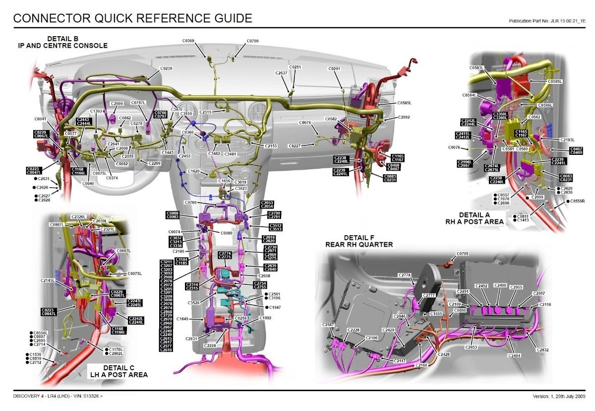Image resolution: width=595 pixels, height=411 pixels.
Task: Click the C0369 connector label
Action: tap(188, 41)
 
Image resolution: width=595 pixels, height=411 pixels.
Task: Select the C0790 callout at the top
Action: tap(252, 41)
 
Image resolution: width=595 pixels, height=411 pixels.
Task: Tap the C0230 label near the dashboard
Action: tap(166, 68)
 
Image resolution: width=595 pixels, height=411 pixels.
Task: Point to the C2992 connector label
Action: tap(404, 118)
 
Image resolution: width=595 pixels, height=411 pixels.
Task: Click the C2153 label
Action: tap(271, 146)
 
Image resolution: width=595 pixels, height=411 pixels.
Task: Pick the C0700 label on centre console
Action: tap(190, 203)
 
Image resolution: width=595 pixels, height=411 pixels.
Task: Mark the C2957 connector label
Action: tap(539, 294)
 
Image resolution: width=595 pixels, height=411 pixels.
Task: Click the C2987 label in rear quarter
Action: tap(328, 325)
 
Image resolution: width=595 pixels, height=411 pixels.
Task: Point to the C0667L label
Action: tap(123, 251)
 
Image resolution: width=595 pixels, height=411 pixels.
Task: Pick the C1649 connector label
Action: tap(182, 319)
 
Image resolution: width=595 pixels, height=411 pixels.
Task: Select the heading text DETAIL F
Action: tap(359, 237)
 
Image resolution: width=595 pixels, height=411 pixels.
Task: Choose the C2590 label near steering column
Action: tap(117, 104)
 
